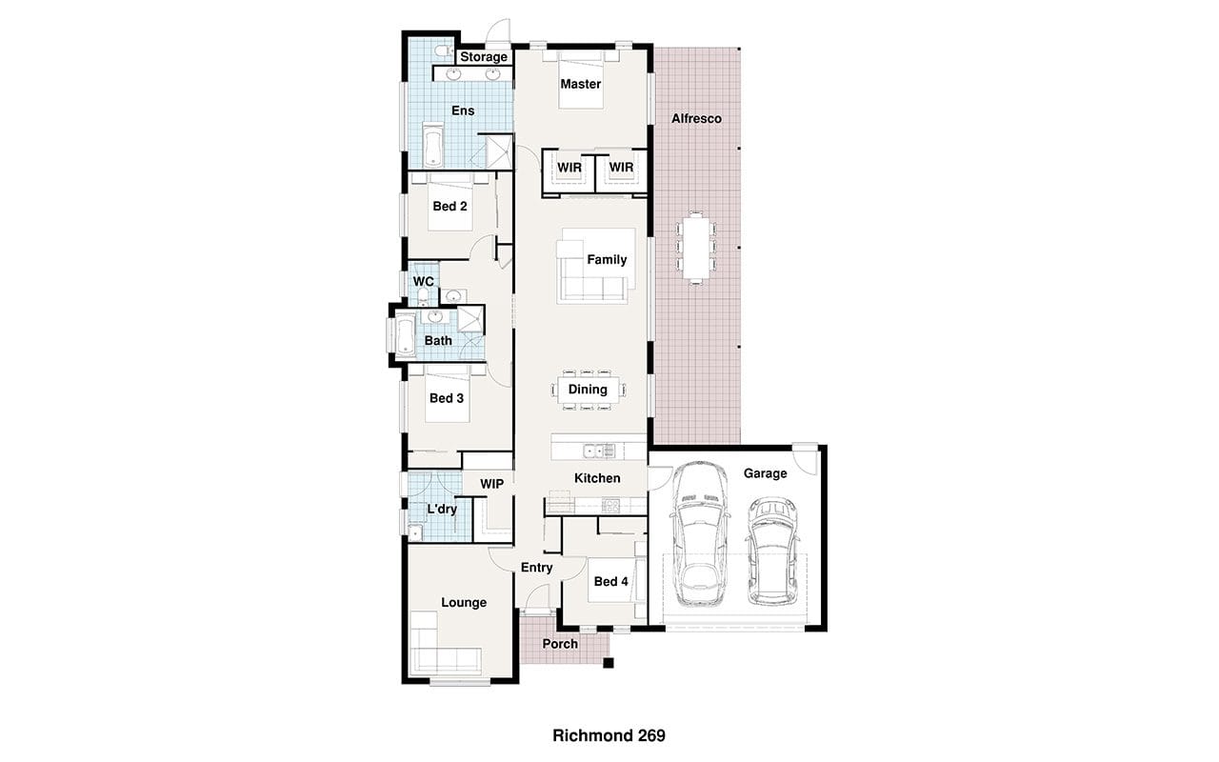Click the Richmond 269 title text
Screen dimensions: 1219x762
(609, 736)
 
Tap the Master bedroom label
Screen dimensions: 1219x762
(581, 84)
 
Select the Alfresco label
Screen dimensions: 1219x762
(696, 119)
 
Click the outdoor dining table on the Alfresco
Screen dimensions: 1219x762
(696, 248)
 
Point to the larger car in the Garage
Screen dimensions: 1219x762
(700, 533)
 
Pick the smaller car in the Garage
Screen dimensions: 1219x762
(772, 551)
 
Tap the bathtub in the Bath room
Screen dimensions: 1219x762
(405, 334)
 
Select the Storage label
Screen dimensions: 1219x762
(484, 57)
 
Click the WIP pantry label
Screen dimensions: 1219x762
(491, 484)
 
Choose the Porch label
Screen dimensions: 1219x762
(560, 644)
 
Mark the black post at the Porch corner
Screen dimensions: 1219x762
(609, 663)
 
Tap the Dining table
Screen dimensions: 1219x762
(588, 390)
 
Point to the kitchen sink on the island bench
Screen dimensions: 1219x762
(599, 451)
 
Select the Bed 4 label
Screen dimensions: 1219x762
(610, 582)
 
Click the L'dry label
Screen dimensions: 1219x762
(441, 510)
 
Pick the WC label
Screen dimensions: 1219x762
(424, 281)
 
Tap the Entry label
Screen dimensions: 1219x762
(536, 568)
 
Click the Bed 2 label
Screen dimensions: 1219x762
(450, 207)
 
